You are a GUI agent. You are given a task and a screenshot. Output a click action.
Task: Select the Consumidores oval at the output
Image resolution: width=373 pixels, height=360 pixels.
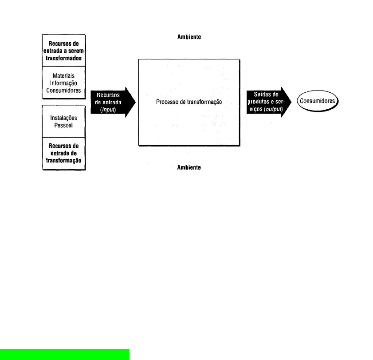pyautogui.click(x=317, y=102)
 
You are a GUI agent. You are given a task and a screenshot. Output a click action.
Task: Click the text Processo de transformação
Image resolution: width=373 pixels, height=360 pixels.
pyautogui.click(x=189, y=102)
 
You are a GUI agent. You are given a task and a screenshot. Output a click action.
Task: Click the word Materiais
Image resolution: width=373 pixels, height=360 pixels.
pyautogui.click(x=63, y=76)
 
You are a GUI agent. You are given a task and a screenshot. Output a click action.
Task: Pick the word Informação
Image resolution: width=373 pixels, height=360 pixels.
pyautogui.click(x=63, y=83)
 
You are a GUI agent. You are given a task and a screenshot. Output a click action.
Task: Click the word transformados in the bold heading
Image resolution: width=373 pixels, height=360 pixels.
pyautogui.click(x=63, y=58)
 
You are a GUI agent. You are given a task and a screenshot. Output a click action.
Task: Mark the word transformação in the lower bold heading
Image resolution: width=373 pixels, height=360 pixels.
pyautogui.click(x=63, y=161)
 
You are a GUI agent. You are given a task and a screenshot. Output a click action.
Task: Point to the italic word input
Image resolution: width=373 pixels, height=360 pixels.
pyautogui.click(x=109, y=109)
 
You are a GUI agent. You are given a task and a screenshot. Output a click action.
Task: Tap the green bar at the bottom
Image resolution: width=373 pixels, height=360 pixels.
pyautogui.click(x=64, y=354)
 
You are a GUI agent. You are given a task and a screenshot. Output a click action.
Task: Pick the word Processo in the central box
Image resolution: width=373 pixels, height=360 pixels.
pyautogui.click(x=167, y=102)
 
